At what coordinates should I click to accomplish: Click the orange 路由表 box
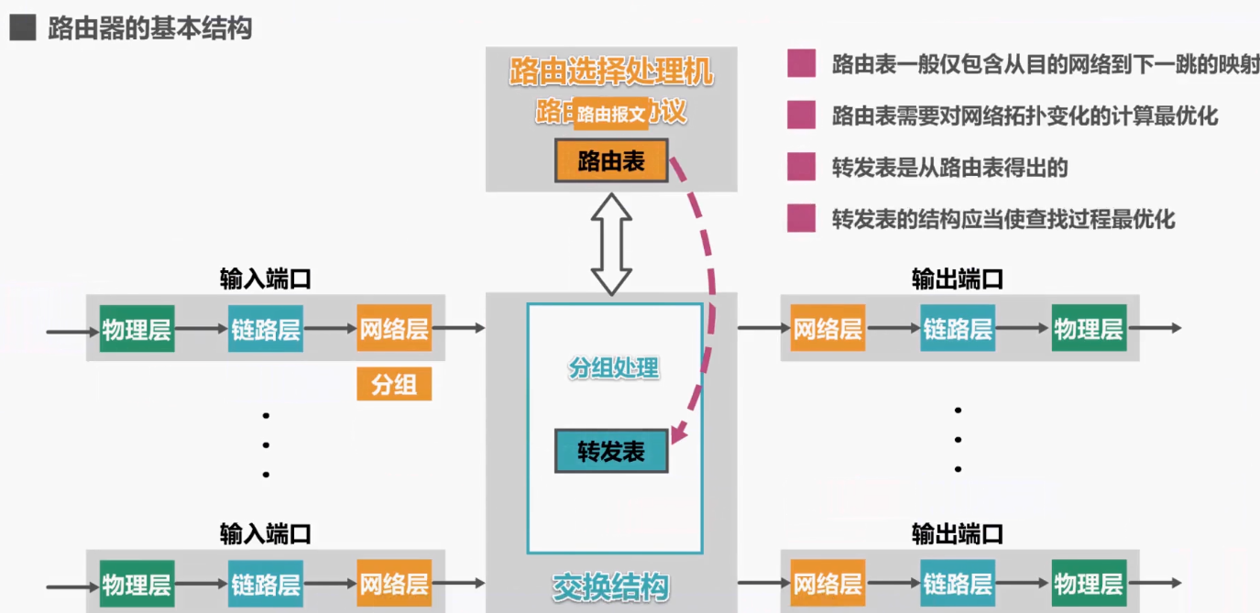click(x=611, y=161)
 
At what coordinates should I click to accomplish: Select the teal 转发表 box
click(x=611, y=451)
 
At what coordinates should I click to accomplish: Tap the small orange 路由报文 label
click(x=611, y=114)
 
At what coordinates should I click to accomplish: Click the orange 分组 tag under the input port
click(x=394, y=384)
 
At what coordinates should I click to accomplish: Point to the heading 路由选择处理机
click(x=611, y=72)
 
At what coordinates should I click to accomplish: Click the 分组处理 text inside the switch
click(x=614, y=368)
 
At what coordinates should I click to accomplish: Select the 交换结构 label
click(x=611, y=587)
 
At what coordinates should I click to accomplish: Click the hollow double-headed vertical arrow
click(x=611, y=243)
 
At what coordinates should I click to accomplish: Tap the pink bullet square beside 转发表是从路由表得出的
click(x=801, y=168)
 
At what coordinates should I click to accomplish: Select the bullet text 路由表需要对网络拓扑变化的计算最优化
click(x=1024, y=116)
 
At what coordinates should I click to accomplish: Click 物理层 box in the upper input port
click(x=137, y=329)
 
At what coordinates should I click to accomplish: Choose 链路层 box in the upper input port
click(x=266, y=329)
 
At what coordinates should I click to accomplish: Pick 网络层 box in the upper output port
click(x=827, y=329)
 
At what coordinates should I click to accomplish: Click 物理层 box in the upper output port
click(x=1089, y=329)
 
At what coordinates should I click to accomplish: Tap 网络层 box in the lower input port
click(x=394, y=584)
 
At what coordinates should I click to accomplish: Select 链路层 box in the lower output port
click(x=958, y=584)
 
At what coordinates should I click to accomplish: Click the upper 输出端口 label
click(x=958, y=279)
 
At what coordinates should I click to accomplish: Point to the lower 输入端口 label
click(x=266, y=533)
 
